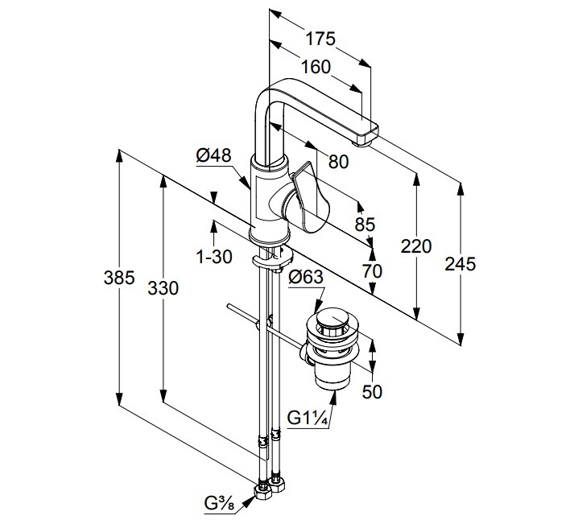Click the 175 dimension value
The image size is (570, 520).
tap(320, 39)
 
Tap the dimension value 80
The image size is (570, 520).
tap(338, 161)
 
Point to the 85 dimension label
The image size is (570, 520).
tap(365, 225)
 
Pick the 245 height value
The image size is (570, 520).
tap(461, 262)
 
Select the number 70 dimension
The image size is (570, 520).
tap(371, 271)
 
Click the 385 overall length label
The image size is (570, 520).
tap(118, 279)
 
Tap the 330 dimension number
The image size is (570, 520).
tap(163, 287)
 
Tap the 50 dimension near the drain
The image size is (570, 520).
tap(372, 392)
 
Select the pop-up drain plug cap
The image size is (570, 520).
tap(331, 321)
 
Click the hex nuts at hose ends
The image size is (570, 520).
tap(271, 488)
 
